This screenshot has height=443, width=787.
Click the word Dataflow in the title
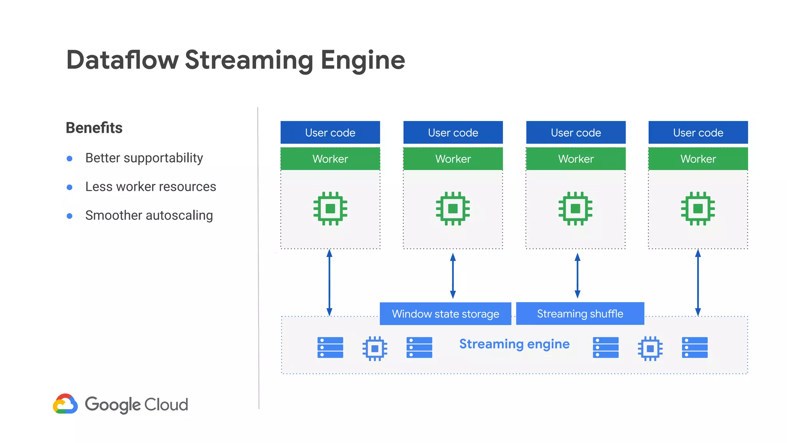122,60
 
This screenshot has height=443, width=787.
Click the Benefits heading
94,128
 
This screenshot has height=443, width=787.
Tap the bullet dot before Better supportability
70,158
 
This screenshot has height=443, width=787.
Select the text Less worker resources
151,187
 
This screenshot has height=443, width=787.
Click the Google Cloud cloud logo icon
65,404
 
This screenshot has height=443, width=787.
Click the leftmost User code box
330,133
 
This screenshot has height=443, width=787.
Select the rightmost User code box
698,133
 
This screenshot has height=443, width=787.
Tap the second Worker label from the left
453,159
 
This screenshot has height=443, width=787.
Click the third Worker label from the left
576,159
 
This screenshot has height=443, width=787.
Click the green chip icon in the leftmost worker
330,208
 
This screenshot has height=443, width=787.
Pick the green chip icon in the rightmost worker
698,208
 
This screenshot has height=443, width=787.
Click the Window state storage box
445,314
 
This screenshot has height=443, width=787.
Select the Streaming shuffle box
580,314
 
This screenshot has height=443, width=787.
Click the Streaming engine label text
514,344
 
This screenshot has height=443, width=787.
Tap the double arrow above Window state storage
453,276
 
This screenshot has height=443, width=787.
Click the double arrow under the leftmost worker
329,283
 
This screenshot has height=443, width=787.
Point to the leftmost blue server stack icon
330,348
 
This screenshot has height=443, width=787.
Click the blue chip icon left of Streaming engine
375,348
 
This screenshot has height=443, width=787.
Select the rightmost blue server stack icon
694,348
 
